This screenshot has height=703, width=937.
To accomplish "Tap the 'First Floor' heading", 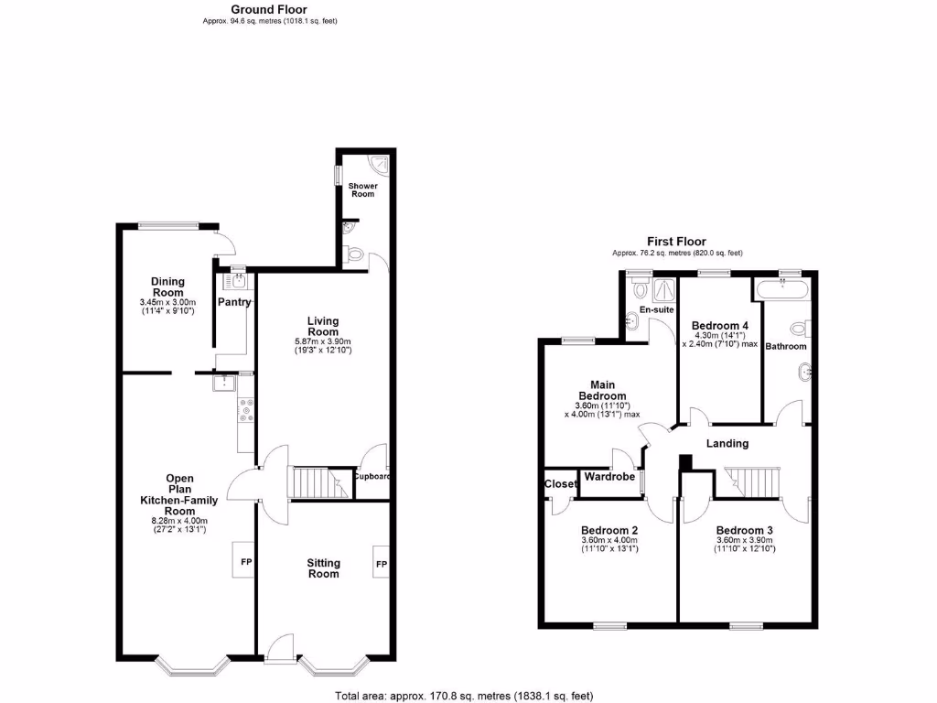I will click(677, 242).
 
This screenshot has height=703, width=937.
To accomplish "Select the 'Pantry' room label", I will click(234, 303).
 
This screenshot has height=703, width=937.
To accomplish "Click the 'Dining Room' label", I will click(167, 287).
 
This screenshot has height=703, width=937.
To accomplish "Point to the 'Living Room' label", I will click(322, 326).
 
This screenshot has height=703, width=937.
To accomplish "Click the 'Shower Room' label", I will click(362, 189).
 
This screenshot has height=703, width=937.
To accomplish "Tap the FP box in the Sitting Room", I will click(381, 563).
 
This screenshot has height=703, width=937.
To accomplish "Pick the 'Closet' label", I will click(560, 484).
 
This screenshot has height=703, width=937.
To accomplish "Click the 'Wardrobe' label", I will click(610, 477).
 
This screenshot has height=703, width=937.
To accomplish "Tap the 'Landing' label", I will click(727, 444).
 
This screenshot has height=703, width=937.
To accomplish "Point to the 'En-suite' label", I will click(656, 310).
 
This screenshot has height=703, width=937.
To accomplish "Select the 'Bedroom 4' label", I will click(720, 326).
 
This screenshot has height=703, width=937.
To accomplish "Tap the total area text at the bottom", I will click(465, 696).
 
